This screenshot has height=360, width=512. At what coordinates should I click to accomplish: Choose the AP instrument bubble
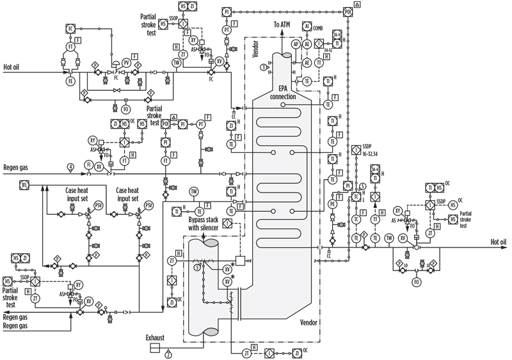pyautogui.click(x=296, y=45)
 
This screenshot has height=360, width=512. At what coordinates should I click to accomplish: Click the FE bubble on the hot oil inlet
pyautogui.click(x=70, y=81)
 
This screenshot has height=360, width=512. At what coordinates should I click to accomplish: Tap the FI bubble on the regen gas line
pyautogui.click(x=89, y=165)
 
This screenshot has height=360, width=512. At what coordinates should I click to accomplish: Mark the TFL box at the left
pyautogui.click(x=25, y=185)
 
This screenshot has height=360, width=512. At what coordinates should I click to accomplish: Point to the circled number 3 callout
pyautogui.click(x=262, y=67)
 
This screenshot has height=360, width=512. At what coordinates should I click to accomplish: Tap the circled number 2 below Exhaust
pyautogui.click(x=168, y=352)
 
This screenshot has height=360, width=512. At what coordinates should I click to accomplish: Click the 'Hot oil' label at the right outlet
pyautogui.click(x=498, y=242)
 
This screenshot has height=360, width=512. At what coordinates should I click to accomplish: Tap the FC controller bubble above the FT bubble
pyautogui.click(x=70, y=29)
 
